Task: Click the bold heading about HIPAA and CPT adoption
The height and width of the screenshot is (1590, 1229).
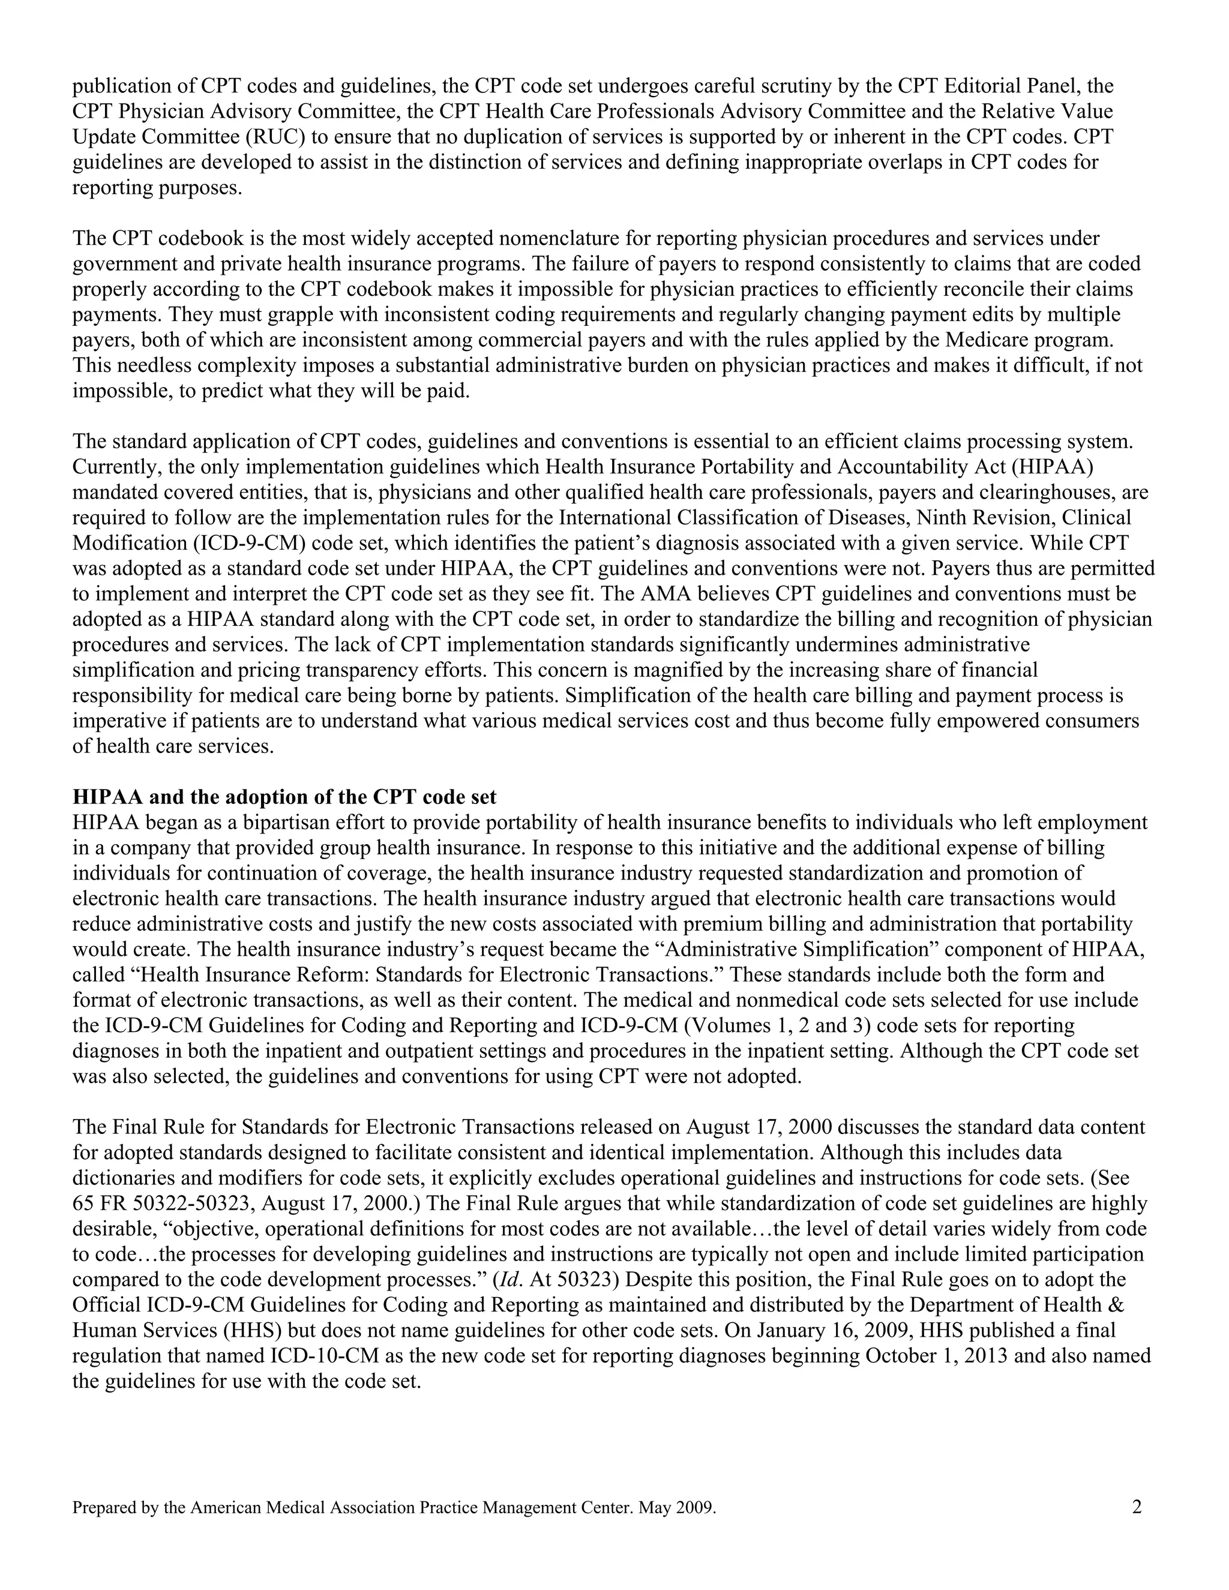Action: pos(284,797)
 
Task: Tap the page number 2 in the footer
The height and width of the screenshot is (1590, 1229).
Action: pos(1137,1507)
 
